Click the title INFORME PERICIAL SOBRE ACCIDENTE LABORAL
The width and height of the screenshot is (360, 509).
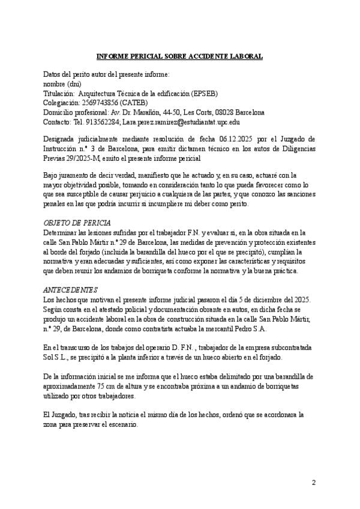(179, 56)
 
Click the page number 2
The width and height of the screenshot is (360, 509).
(313, 483)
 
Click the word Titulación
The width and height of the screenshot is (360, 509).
(59, 94)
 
